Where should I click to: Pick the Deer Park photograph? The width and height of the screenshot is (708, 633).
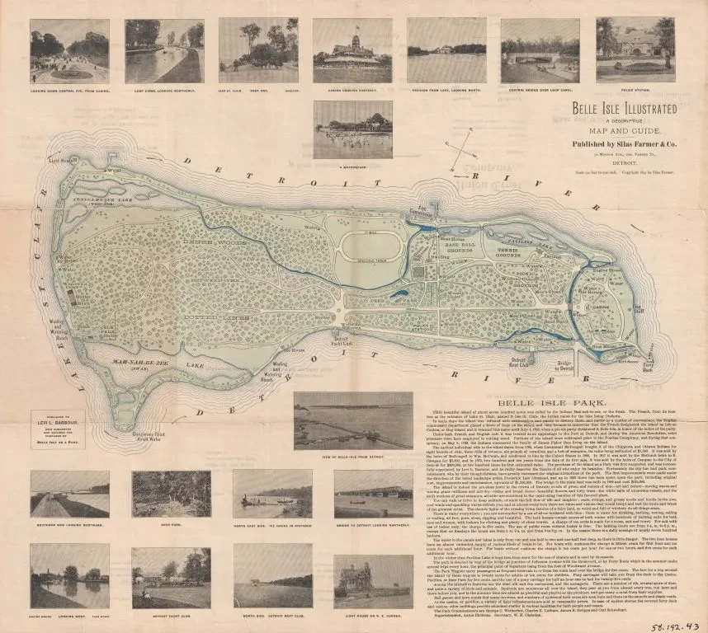[171, 495]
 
